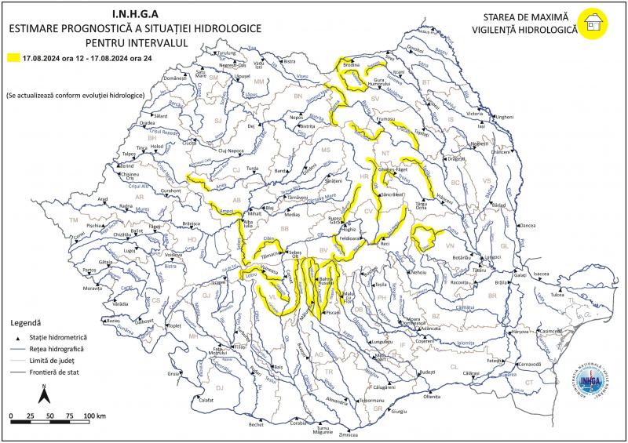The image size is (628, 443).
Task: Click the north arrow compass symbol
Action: click(46, 389)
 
